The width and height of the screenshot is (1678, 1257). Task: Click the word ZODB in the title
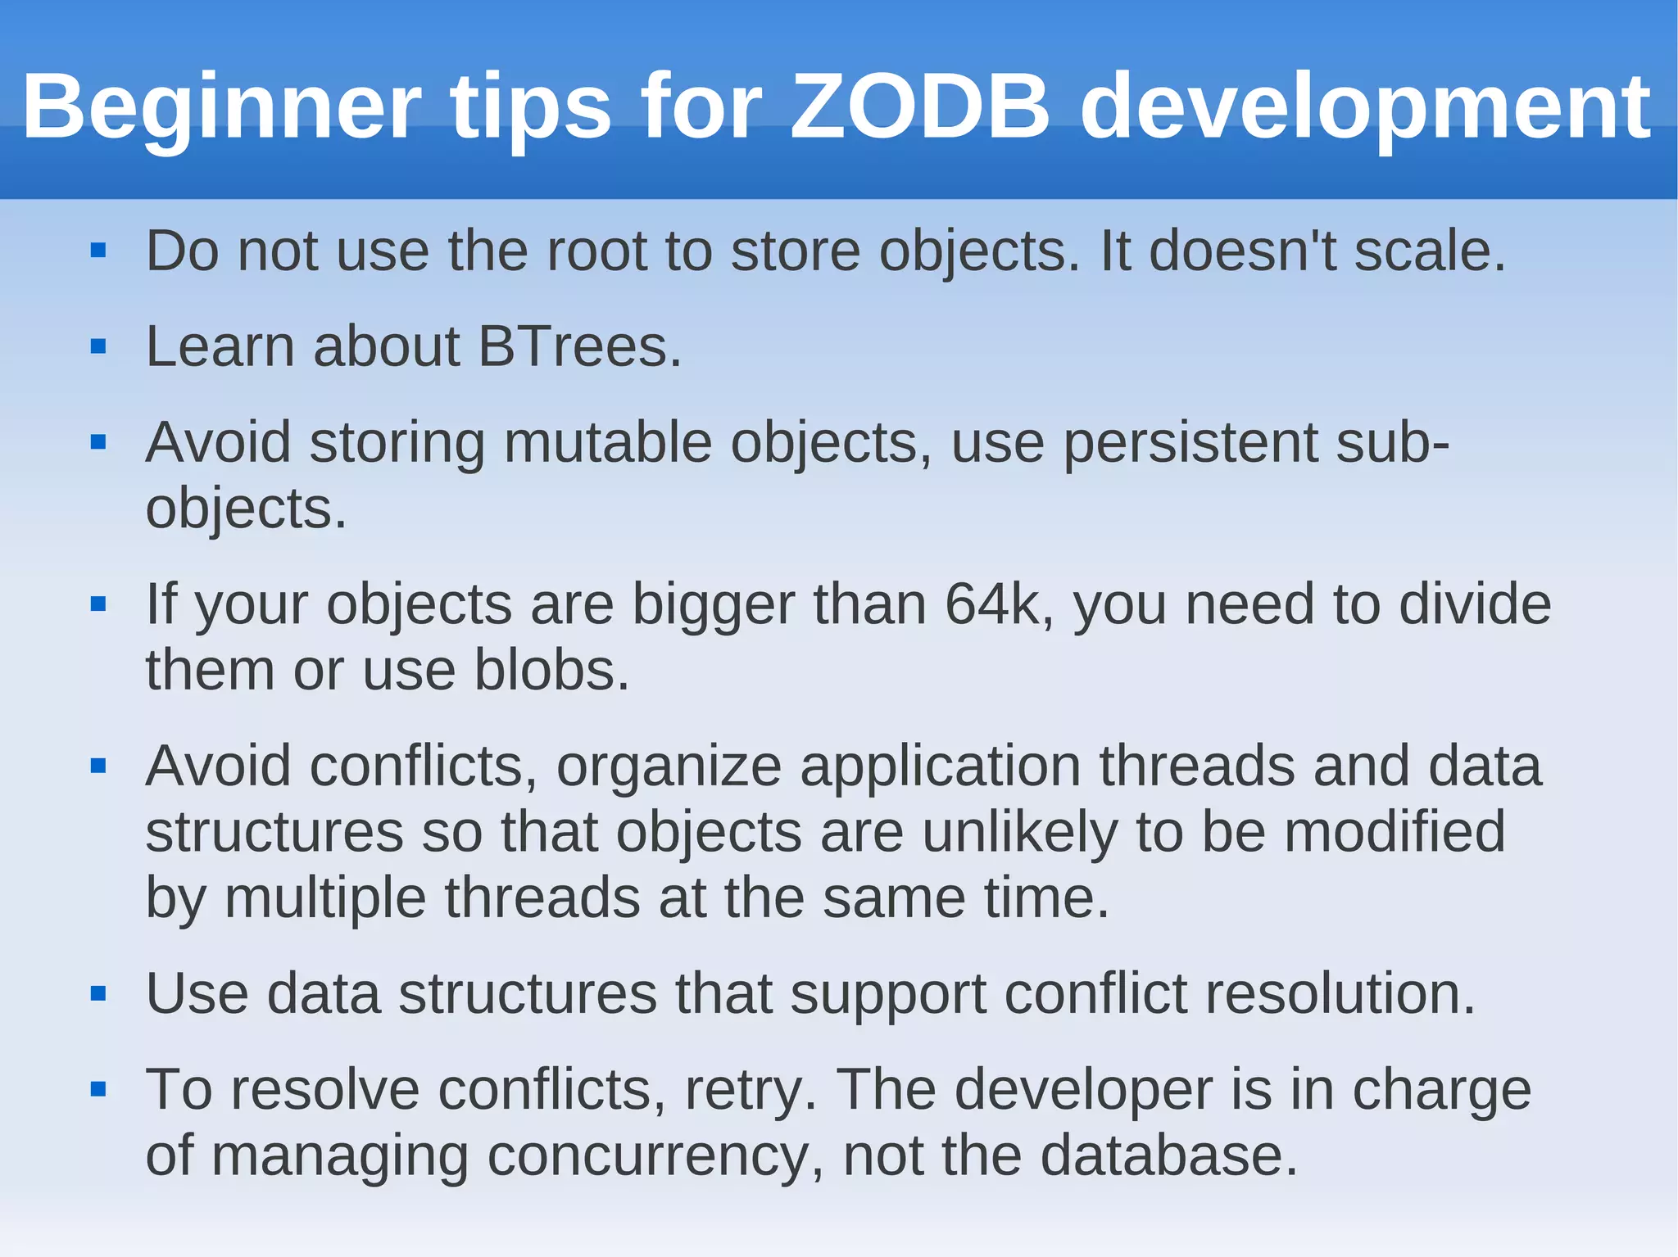coord(919,107)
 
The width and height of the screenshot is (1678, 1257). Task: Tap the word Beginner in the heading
coord(221,107)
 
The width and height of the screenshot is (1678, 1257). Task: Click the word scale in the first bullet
coord(1426,251)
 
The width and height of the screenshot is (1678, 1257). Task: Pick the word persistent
coord(1190,443)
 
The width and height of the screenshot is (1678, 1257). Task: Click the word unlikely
coord(1019,832)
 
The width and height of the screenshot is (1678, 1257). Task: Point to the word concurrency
coord(655,1156)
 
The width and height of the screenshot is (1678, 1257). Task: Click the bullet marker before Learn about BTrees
coord(98,347)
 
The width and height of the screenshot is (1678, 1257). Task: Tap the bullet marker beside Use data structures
coord(98,994)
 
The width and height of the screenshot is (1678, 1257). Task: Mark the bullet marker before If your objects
coord(98,605)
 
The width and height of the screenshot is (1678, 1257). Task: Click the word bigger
coord(713,604)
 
